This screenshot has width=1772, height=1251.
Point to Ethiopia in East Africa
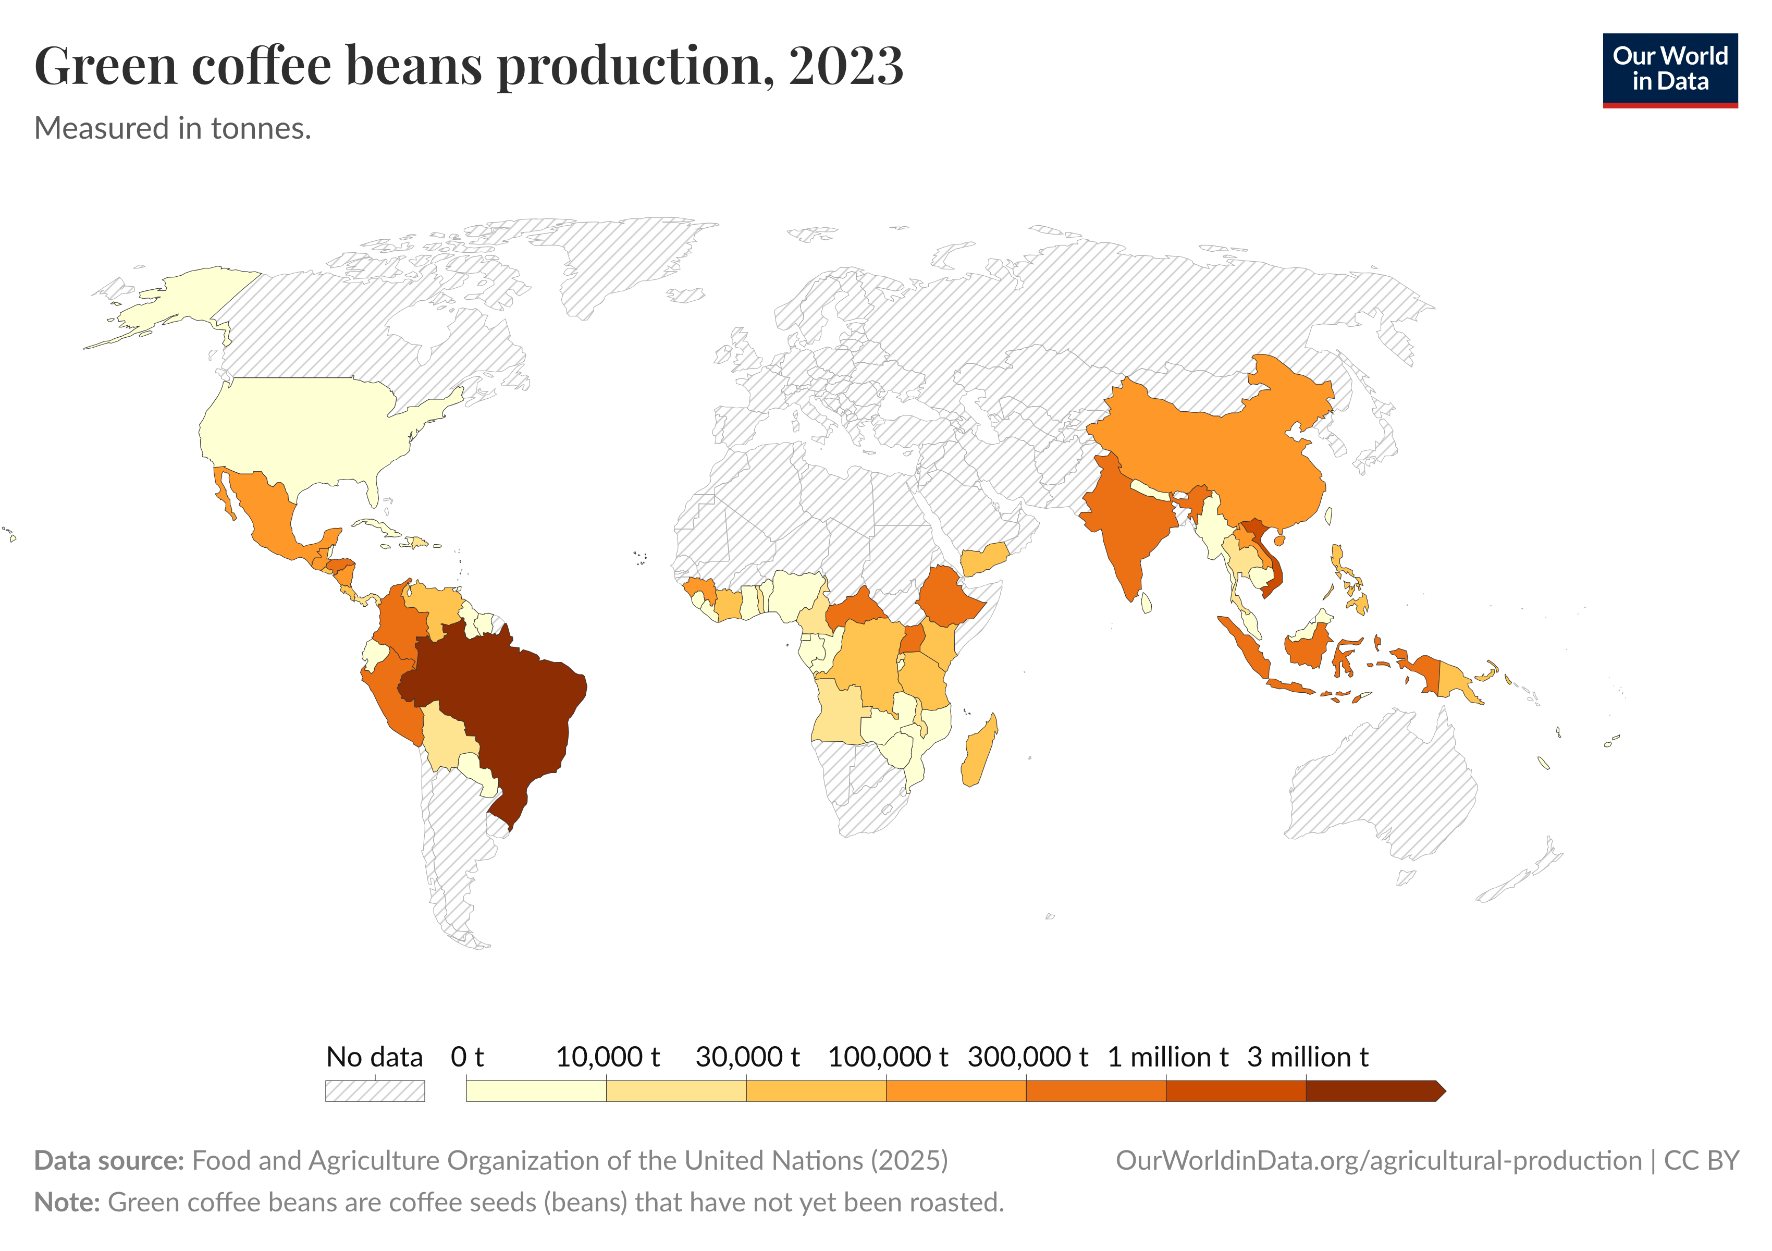[949, 598]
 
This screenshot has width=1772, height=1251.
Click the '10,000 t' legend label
[607, 1057]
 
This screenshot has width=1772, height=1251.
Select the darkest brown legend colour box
[1370, 1090]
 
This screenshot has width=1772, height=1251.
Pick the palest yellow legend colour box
[536, 1090]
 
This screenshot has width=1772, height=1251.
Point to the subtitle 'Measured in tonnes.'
[173, 128]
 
